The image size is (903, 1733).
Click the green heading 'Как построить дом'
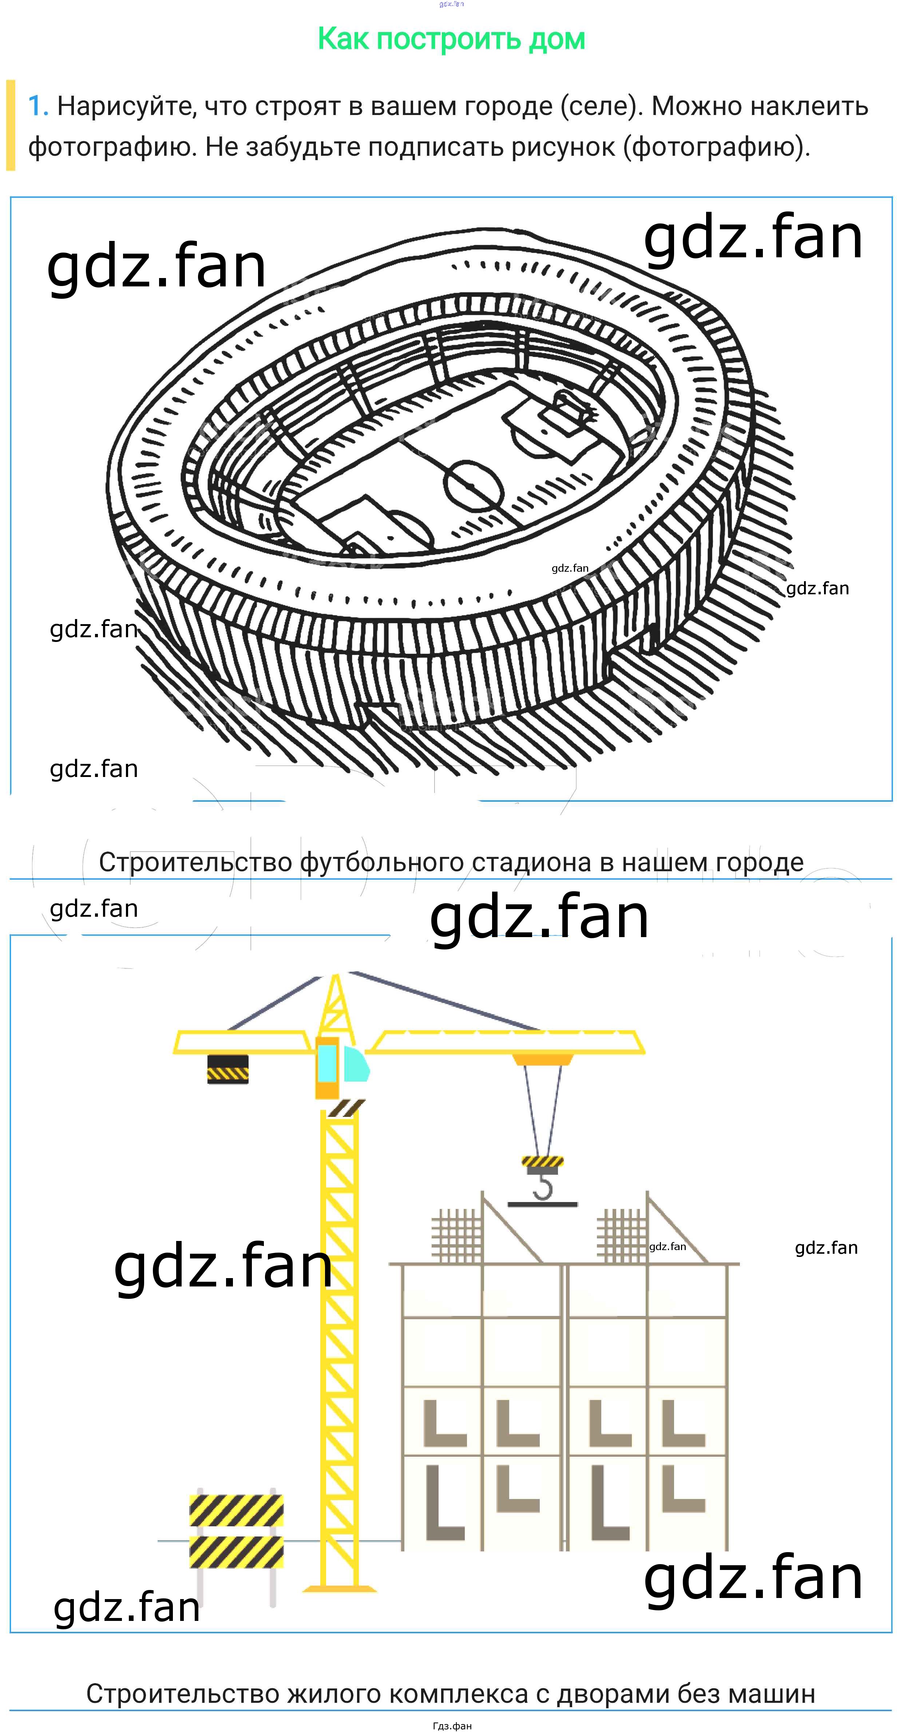451,39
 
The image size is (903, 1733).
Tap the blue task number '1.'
38,106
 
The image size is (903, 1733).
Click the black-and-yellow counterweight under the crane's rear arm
227,1068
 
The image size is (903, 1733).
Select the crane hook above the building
542,1181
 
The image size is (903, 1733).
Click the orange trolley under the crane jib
542,1059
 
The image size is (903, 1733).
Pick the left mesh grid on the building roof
457,1236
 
